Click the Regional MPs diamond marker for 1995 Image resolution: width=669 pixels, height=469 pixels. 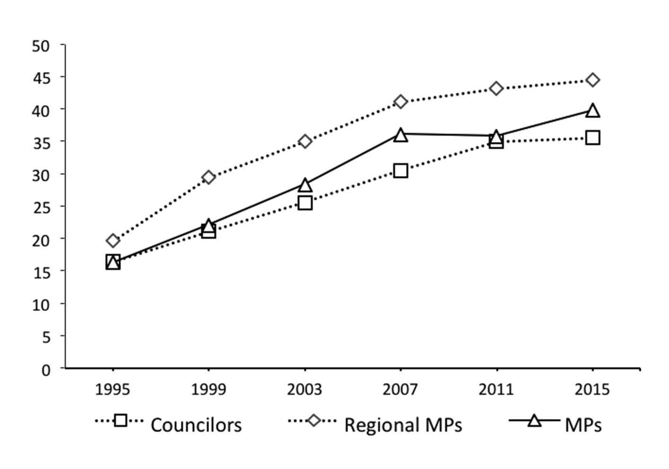tap(113, 241)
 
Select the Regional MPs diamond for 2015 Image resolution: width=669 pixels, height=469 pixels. tap(592, 80)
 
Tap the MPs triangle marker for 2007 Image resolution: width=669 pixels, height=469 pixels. tap(401, 135)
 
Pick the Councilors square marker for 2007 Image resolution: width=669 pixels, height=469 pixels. tap(401, 171)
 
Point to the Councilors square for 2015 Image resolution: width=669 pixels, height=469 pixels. tap(592, 138)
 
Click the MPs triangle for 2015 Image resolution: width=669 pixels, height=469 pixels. tap(592, 111)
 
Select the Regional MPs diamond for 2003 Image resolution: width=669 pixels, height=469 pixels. tap(305, 141)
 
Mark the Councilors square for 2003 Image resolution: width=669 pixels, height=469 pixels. tap(305, 203)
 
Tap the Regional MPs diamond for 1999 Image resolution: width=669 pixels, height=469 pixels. tap(209, 177)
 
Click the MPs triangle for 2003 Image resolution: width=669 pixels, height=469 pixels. tap(305, 185)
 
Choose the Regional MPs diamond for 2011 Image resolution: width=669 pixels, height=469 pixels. tap(496, 88)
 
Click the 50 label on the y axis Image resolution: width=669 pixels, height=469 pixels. tap(41, 46)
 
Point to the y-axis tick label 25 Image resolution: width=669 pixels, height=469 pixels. tap(41, 208)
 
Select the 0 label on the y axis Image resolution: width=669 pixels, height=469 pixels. tap(46, 369)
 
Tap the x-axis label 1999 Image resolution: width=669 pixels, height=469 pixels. tap(209, 390)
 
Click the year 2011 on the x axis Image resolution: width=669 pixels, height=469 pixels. tap(496, 390)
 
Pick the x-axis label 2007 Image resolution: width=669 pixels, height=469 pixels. tap(401, 390)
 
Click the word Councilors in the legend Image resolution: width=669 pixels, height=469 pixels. tap(196, 425)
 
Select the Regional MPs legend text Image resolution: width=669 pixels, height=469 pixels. tap(403, 425)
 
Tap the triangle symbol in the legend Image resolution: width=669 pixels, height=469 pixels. tap(534, 421)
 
